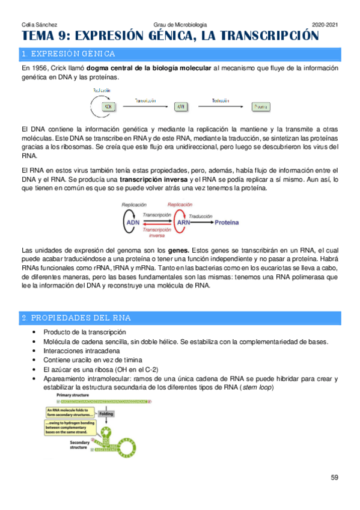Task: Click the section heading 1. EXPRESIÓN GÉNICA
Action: [69, 54]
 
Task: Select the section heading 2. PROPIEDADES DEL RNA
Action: [76, 317]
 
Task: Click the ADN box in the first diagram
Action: [109, 106]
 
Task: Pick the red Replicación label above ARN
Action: [180, 204]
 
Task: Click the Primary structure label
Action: [73, 395]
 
